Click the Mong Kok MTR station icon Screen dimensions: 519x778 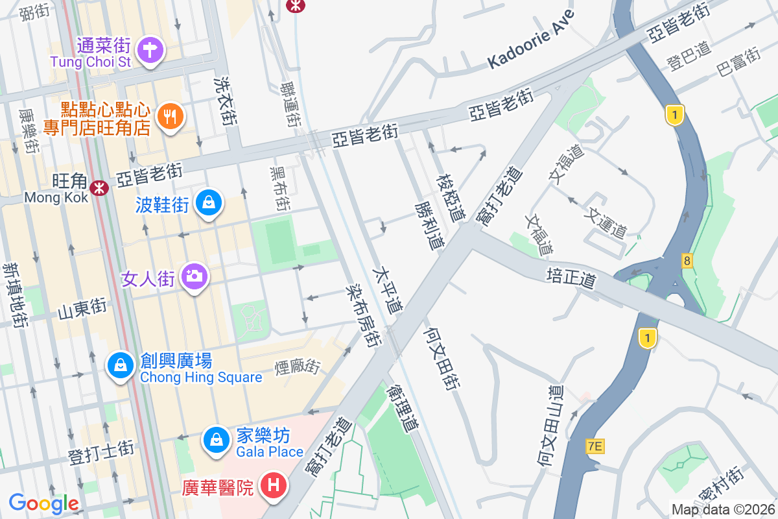(x=99, y=187)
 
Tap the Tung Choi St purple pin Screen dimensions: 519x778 (x=150, y=49)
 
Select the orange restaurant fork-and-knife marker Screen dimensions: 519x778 (x=171, y=117)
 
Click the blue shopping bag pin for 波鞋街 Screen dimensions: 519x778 (x=208, y=203)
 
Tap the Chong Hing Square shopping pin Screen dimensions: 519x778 (x=121, y=366)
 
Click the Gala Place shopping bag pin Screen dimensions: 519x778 (x=217, y=440)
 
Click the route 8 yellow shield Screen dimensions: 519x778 (x=687, y=261)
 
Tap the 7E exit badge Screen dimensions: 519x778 (x=595, y=446)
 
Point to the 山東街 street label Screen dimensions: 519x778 (x=82, y=309)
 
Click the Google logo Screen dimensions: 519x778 (x=43, y=503)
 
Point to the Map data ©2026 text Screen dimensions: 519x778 (x=723, y=509)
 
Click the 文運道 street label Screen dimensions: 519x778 (x=607, y=222)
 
